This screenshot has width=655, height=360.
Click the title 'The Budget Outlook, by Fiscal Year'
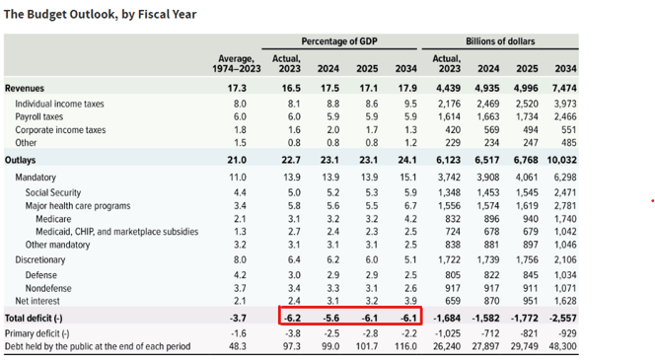(101, 15)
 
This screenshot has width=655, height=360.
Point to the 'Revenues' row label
(25, 88)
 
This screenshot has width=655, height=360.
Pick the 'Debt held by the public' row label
(97, 347)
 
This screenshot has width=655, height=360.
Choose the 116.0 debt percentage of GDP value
(401, 347)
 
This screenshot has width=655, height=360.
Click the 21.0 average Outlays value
(238, 158)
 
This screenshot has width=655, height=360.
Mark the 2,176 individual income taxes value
(446, 103)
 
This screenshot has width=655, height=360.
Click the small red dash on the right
(652, 200)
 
